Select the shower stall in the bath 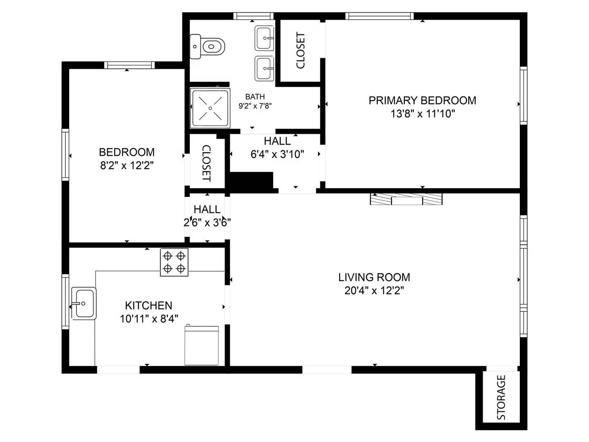[x=210, y=108]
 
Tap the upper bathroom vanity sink [x=264, y=38]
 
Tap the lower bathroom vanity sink [x=264, y=68]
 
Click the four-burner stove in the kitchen [x=174, y=262]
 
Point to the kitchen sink [x=84, y=303]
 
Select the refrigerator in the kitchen [x=201, y=345]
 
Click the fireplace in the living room [x=406, y=199]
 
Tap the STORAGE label [x=501, y=397]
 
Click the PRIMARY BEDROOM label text [x=422, y=101]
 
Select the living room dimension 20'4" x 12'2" [x=374, y=291]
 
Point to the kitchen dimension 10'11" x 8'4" [x=149, y=319]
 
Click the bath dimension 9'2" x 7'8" [x=255, y=106]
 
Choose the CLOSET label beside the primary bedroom [x=301, y=50]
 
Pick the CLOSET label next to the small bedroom [x=206, y=163]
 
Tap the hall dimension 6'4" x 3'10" [x=277, y=154]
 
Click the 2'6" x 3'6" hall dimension [x=207, y=223]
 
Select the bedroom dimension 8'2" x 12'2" [x=127, y=166]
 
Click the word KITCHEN [x=148, y=305]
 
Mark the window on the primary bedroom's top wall [x=379, y=16]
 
